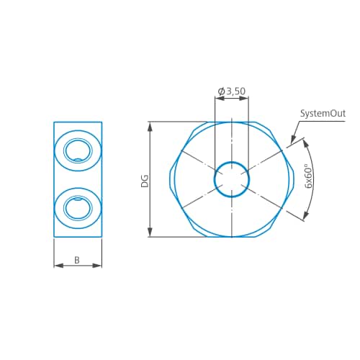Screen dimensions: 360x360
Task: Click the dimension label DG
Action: click(144, 180)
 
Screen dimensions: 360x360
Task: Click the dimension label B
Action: click(77, 260)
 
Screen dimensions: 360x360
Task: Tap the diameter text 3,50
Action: click(236, 91)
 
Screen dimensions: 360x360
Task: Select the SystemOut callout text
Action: click(323, 114)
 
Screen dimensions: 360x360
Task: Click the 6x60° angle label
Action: click(308, 177)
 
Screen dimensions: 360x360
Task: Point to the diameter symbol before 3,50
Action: click(221, 91)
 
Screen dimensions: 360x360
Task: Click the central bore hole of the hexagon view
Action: click(232, 179)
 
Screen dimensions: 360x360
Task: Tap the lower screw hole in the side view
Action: click(78, 208)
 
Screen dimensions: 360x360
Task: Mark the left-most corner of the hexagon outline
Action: click(171, 179)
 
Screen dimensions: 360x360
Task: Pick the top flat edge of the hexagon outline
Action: click(232, 122)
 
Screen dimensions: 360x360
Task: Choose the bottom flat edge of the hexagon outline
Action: click(232, 236)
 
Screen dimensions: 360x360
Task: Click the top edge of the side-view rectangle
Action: click(78, 122)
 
